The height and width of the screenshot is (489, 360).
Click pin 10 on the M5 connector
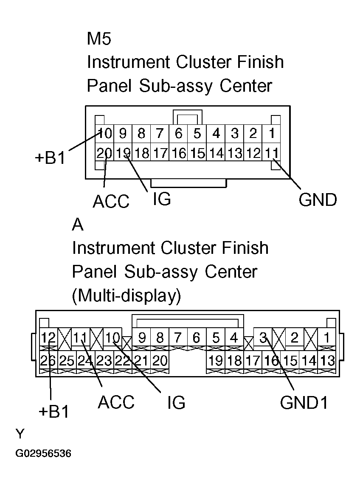(x=104, y=134)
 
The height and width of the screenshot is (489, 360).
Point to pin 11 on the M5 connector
(x=271, y=153)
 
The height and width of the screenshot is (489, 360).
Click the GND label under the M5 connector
(x=318, y=200)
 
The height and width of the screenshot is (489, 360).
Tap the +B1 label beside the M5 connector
(x=50, y=158)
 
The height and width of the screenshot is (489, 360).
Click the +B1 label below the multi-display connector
(x=53, y=412)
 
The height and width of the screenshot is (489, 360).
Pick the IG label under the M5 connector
(x=161, y=199)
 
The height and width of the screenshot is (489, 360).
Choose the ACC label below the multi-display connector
(x=116, y=402)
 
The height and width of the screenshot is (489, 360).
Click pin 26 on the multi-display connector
(x=48, y=361)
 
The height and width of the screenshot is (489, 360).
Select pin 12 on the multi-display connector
(x=48, y=338)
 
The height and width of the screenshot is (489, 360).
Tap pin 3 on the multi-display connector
(x=263, y=338)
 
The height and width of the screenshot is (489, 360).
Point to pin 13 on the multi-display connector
(x=327, y=361)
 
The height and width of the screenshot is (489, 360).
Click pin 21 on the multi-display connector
(x=141, y=361)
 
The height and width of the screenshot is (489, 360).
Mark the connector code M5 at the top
(x=98, y=39)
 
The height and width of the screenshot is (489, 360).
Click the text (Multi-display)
(x=127, y=295)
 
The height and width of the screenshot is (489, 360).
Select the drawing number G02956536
(x=43, y=454)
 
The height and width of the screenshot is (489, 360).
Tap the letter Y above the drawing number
(x=20, y=434)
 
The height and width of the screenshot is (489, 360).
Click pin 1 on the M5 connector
(x=271, y=134)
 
